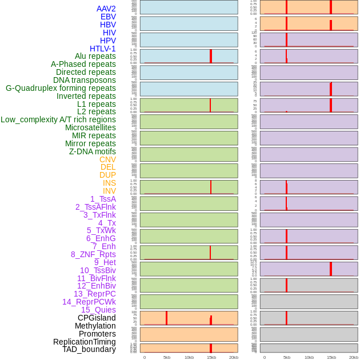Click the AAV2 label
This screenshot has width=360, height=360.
coord(106,9)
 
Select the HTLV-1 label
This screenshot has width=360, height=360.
coord(102,49)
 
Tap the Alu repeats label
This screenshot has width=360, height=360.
coord(95,56)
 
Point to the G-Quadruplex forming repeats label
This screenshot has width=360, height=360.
coord(61,88)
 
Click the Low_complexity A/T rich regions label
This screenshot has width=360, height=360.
coord(58,119)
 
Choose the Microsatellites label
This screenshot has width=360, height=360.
coord(90,127)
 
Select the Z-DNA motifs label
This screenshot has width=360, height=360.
coord(93,151)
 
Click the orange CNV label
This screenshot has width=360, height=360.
coord(107,159)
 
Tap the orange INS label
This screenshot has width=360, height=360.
coord(109,183)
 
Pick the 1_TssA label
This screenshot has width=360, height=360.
coord(103,199)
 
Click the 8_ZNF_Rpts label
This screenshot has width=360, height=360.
coord(93,254)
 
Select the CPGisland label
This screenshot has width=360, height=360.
coord(97,318)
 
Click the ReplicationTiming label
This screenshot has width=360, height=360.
coord(85,342)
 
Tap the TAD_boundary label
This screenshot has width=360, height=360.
coord(89,349)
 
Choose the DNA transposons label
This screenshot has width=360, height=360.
coord(85,80)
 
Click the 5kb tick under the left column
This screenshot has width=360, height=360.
coord(167,357)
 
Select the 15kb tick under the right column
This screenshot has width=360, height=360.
coord(331,357)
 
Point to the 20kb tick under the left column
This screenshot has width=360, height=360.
coord(234,357)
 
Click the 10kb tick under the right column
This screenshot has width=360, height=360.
coord(309,357)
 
